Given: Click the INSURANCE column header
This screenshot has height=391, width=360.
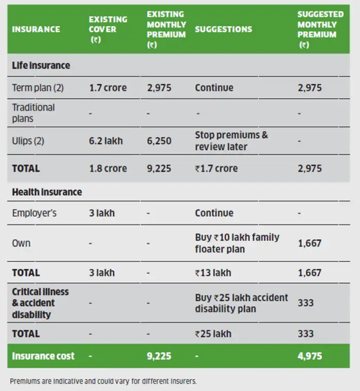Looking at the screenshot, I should pyautogui.click(x=36, y=29).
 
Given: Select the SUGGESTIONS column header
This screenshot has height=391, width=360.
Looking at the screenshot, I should pyautogui.click(x=223, y=29).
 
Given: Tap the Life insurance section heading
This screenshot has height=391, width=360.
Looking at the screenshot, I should pyautogui.click(x=41, y=66).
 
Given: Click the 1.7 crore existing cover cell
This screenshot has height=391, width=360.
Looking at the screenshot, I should pyautogui.click(x=107, y=88).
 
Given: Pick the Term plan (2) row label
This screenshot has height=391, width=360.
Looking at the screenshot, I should pyautogui.click(x=38, y=88).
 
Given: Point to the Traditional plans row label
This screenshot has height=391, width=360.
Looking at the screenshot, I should pyautogui.click(x=33, y=113).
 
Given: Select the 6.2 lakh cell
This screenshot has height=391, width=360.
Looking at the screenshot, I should pyautogui.click(x=105, y=140).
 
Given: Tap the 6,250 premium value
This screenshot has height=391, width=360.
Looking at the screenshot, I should pyautogui.click(x=159, y=140).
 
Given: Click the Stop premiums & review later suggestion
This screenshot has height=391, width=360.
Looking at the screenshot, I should pyautogui.click(x=231, y=140).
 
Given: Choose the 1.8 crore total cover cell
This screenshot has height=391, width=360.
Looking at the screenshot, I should pyautogui.click(x=107, y=169).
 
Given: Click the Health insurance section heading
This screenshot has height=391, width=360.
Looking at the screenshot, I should pyautogui.click(x=47, y=192).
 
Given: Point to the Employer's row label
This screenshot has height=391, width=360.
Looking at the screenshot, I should pyautogui.click(x=34, y=213).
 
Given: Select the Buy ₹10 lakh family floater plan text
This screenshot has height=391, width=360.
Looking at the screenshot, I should pyautogui.click(x=237, y=243).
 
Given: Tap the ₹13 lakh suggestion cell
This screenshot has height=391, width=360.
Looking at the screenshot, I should pyautogui.click(x=213, y=273).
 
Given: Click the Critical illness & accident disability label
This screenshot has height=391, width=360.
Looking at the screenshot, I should pyautogui.click(x=40, y=303).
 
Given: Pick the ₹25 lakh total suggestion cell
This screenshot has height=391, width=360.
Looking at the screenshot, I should pyautogui.click(x=213, y=333).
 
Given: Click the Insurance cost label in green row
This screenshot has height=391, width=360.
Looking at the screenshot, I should pyautogui.click(x=43, y=356).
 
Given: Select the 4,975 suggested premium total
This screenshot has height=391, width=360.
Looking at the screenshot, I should pyautogui.click(x=310, y=356).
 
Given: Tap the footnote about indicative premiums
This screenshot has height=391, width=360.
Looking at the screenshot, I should pyautogui.click(x=103, y=381).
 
